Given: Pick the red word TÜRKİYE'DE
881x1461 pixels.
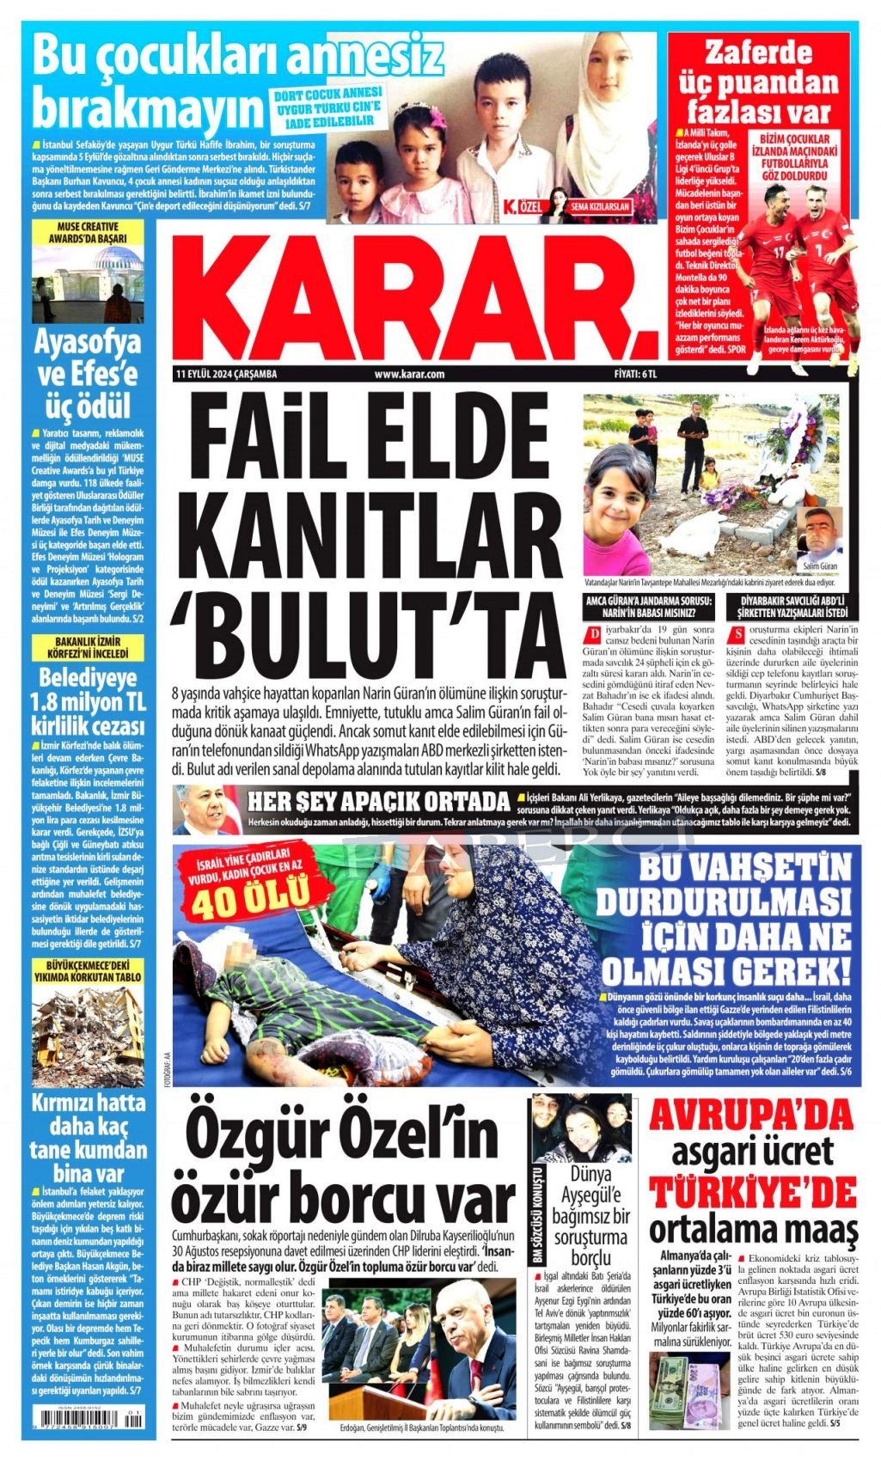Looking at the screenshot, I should pos(752,1193).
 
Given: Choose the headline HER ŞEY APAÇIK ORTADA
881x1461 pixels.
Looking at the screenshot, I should pos(378,802).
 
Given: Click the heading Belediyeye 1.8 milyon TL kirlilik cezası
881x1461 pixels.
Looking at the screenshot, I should pos(88,700).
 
